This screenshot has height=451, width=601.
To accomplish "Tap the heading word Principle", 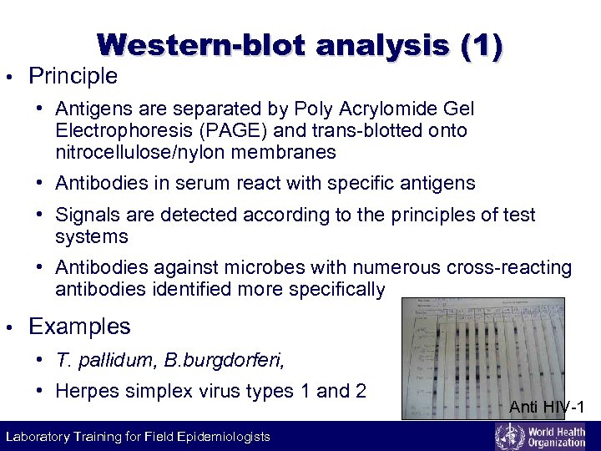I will (x=73, y=77).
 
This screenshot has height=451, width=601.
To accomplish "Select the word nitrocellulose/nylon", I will (x=133, y=152).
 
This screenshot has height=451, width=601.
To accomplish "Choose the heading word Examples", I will (x=79, y=327).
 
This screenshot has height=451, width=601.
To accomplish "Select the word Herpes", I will (x=88, y=391).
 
